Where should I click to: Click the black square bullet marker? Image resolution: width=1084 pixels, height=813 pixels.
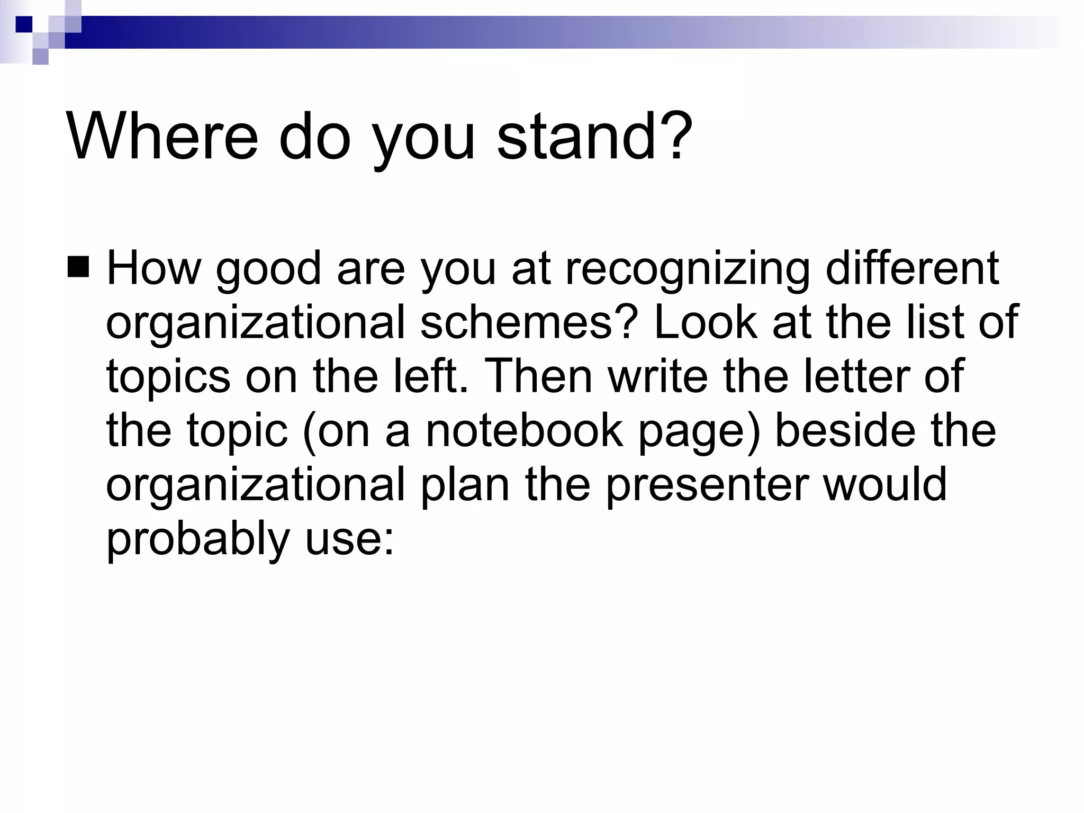point(78,267)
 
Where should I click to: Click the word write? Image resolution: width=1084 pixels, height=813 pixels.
point(658,376)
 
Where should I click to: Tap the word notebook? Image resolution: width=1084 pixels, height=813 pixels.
point(524,431)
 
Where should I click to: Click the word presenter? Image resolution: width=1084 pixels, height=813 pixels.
point(707,486)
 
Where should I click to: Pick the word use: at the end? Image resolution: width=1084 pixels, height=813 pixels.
point(349,540)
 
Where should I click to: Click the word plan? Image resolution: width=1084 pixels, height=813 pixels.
point(465,486)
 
